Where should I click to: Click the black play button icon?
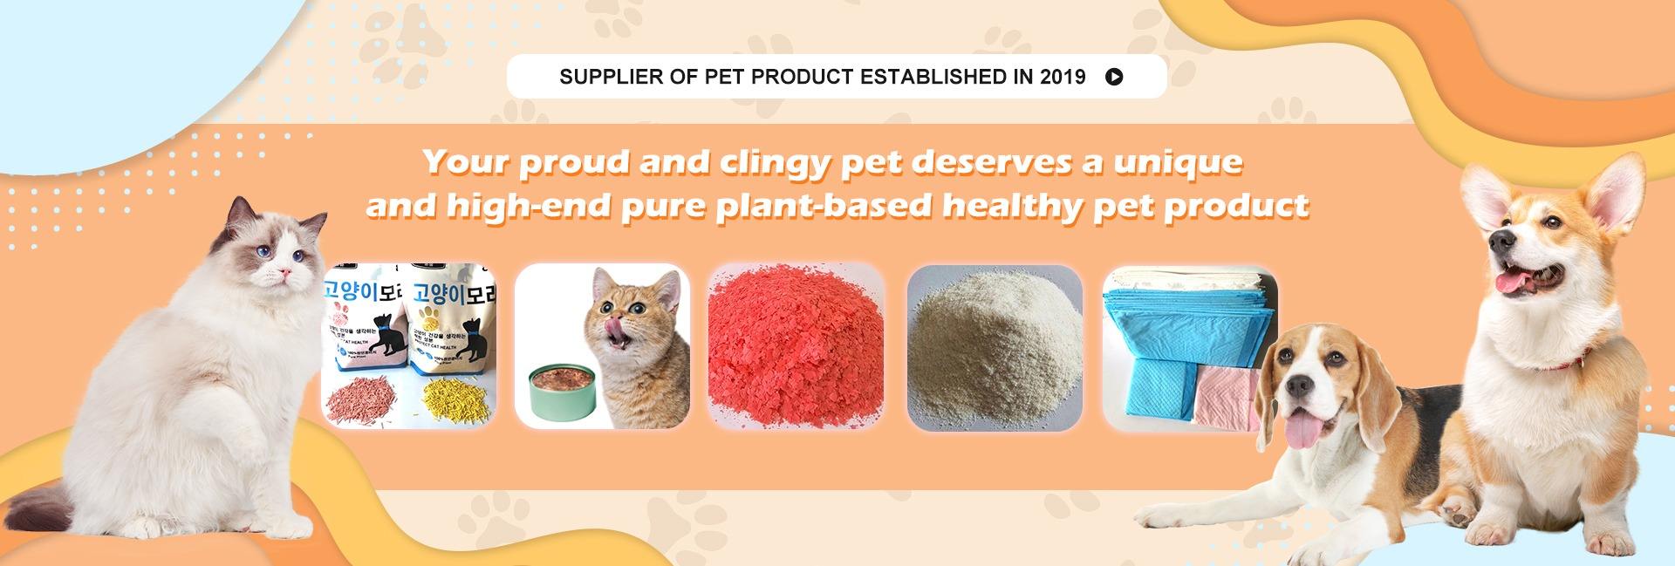(x=1114, y=77)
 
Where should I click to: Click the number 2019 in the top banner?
(x=1063, y=77)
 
